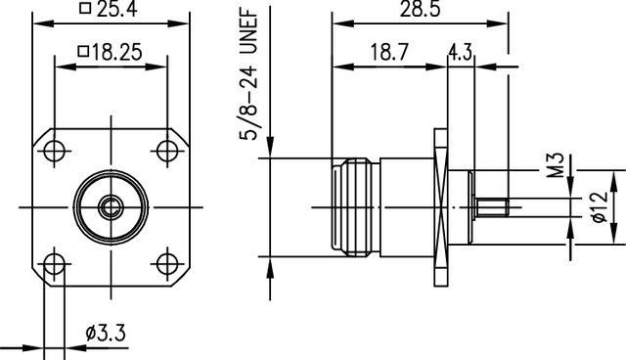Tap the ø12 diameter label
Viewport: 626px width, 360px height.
[597, 206]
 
